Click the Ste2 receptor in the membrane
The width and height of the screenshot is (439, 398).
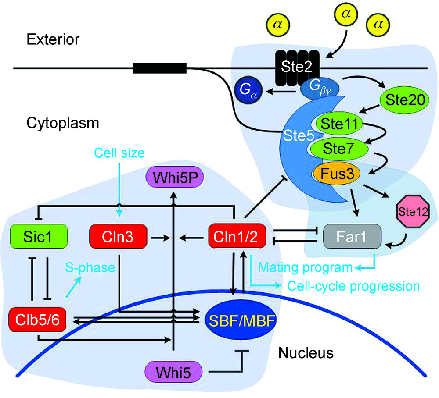pyautogui.click(x=298, y=67)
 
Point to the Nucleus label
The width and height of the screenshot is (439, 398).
pyautogui.click(x=306, y=352)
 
